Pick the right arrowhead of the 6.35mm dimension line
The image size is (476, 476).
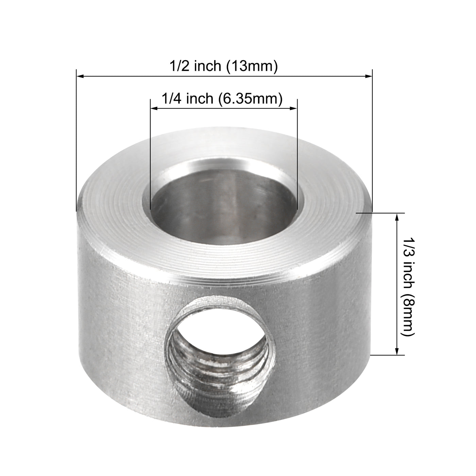(x=293, y=108)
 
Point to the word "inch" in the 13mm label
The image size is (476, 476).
(x=207, y=66)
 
